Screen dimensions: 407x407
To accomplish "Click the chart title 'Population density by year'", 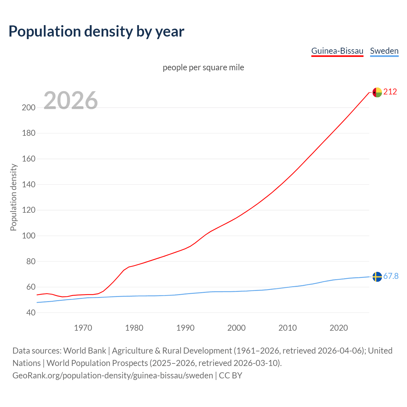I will [x=96, y=31].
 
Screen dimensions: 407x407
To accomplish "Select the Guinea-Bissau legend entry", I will [x=337, y=51].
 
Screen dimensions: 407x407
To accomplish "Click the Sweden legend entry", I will [x=384, y=51].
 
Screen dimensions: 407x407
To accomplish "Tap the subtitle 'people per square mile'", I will [x=203, y=67].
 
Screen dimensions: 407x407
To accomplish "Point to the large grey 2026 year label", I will [x=71, y=100].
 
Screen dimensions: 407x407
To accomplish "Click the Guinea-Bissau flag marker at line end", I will [x=377, y=92].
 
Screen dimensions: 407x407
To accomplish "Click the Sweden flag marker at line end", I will [x=377, y=277].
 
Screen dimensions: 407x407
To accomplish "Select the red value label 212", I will [x=390, y=92].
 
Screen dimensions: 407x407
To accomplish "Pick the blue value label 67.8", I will [x=391, y=276].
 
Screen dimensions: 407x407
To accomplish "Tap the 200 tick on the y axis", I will [x=29, y=107].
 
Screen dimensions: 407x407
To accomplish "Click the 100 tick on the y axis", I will [x=29, y=236].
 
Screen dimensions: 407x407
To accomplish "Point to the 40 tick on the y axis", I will [x=31, y=313].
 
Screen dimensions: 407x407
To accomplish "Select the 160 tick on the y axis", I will [x=29, y=159].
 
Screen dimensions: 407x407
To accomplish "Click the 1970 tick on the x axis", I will [x=83, y=328].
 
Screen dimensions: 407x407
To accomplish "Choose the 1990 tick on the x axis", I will [x=185, y=328].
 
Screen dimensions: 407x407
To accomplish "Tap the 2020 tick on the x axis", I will [x=339, y=328].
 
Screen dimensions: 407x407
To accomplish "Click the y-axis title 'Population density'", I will [x=13, y=197].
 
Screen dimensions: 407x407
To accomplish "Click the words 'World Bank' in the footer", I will [x=85, y=351].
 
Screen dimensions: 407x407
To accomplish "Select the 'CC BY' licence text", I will [x=231, y=376].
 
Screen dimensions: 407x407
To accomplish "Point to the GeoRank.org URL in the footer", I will [x=113, y=376].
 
